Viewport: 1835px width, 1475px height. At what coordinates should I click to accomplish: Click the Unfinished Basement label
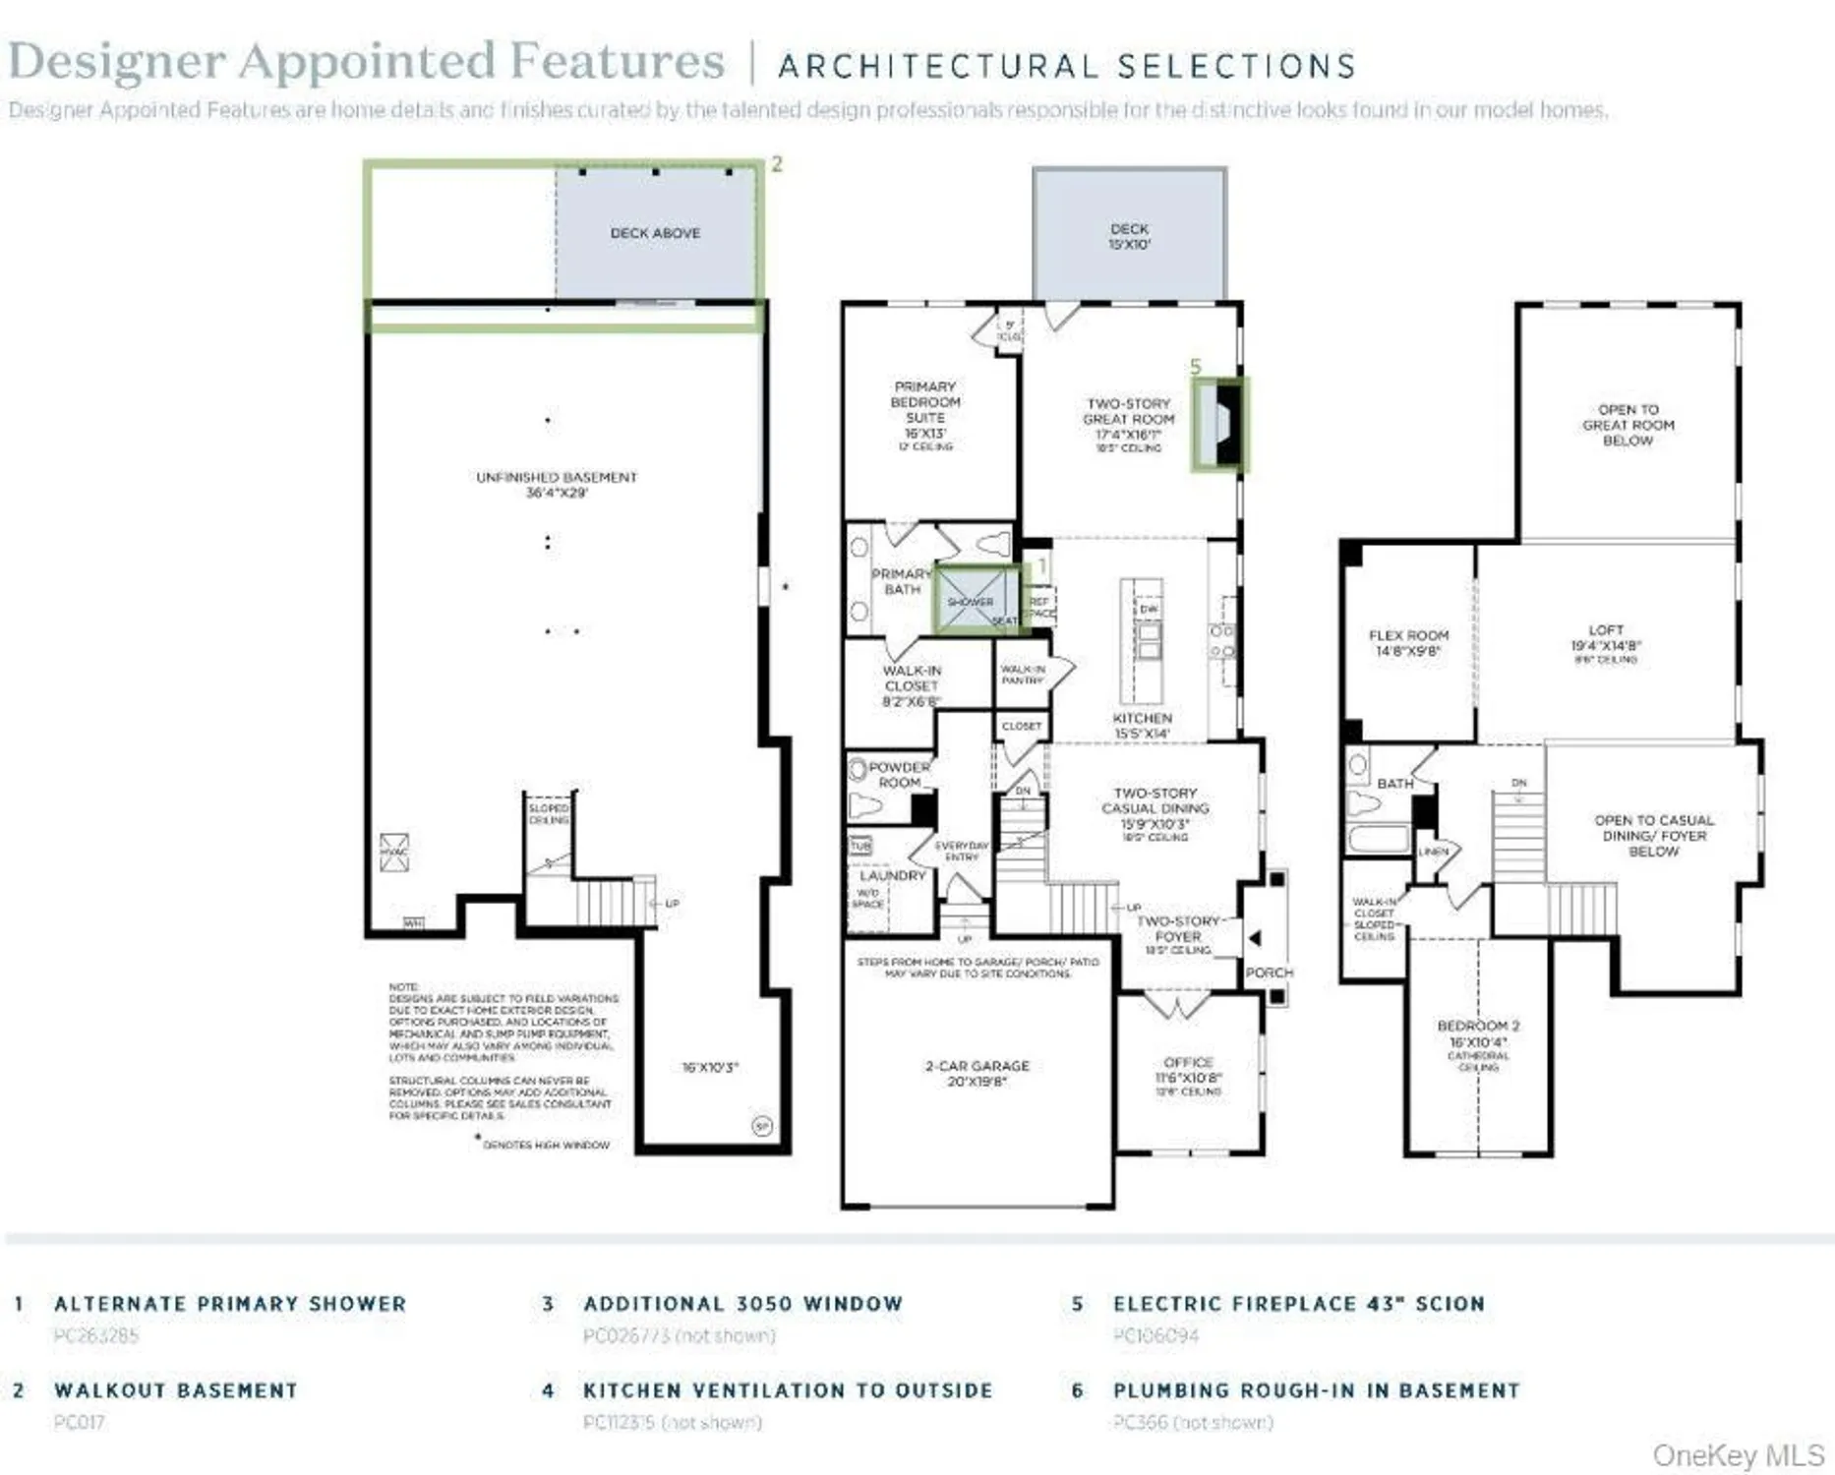point(557,484)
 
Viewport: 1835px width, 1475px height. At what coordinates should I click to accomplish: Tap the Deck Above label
point(655,233)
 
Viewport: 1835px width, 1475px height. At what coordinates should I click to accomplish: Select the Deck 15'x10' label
point(1129,236)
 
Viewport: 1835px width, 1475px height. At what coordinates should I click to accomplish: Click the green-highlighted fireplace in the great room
point(1219,425)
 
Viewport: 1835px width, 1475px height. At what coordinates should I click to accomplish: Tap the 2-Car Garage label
point(977,1073)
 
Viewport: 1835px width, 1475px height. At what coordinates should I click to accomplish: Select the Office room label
point(1188,1076)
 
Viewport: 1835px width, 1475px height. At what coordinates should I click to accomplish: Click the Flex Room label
point(1408,642)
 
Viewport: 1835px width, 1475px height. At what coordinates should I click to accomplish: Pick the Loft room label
point(1605,637)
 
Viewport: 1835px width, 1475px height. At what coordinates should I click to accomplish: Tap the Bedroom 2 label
point(1478,1033)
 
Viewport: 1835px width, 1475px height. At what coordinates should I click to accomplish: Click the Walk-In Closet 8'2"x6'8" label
point(912,685)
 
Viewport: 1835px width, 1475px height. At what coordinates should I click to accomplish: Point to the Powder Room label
point(899,774)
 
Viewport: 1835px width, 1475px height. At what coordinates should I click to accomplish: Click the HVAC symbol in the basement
point(394,852)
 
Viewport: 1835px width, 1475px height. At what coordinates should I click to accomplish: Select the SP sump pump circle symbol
point(761,1126)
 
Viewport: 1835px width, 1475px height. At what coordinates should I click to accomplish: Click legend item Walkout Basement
point(175,1390)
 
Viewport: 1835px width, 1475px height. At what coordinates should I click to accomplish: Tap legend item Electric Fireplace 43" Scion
point(1298,1304)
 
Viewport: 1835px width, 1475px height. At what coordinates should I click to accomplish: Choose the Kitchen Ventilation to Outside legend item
point(787,1390)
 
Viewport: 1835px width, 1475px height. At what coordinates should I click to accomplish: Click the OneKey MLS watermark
point(1738,1454)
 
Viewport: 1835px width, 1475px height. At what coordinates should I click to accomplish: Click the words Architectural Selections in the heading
point(1067,66)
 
